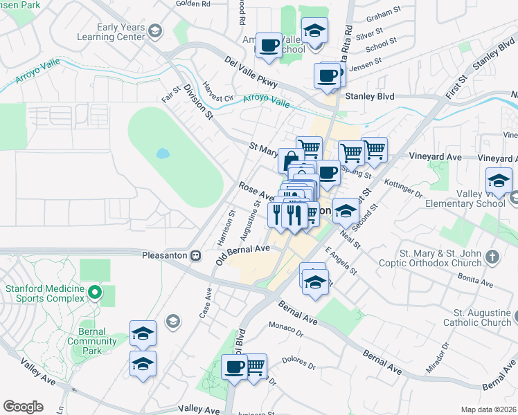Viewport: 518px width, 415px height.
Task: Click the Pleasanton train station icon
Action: [196, 255]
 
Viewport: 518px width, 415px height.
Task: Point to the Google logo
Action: [23, 407]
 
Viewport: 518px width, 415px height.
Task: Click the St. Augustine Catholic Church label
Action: [482, 317]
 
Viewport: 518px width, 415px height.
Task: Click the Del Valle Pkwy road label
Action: [251, 72]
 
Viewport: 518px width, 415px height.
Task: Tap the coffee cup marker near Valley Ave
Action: [234, 365]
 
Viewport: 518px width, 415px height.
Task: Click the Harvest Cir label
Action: [218, 93]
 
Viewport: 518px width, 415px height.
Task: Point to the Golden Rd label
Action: [193, 3]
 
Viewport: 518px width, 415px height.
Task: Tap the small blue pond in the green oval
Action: [163, 153]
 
